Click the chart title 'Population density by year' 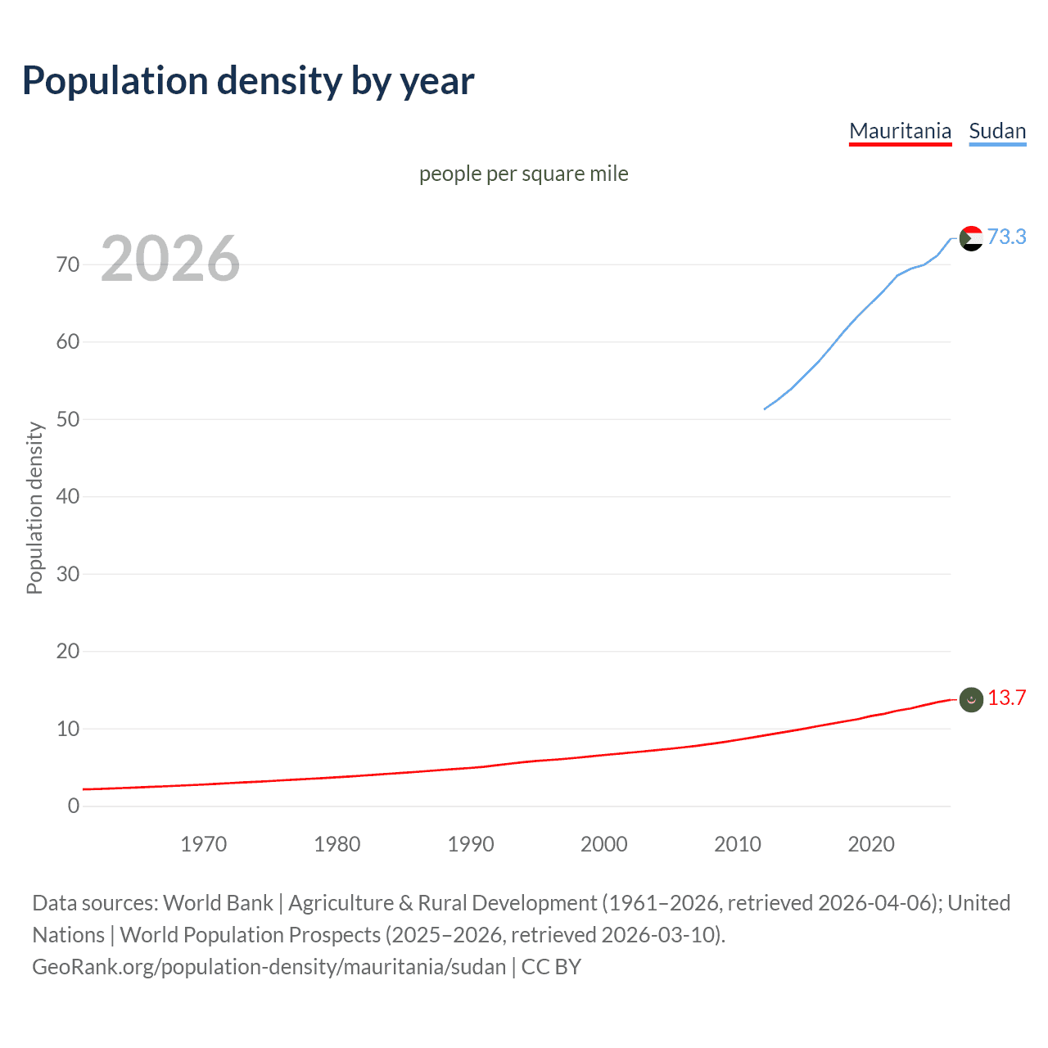(x=248, y=80)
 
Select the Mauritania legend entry (x=900, y=131)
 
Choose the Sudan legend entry (x=997, y=131)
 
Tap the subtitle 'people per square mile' (x=523, y=174)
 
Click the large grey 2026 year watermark (x=170, y=259)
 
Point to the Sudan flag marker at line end (x=971, y=238)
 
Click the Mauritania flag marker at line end (x=971, y=699)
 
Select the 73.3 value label (x=1006, y=237)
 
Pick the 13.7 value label (x=1006, y=698)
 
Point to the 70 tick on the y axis (x=68, y=264)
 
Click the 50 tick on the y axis (x=68, y=419)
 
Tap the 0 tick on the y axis (x=74, y=806)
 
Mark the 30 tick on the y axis (x=68, y=574)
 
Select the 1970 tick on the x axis (x=203, y=844)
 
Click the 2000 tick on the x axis (x=603, y=844)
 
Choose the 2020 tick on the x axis (x=870, y=844)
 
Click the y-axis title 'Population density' (x=34, y=508)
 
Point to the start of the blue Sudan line (x=765, y=409)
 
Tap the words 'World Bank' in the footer (x=218, y=903)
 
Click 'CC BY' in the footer (x=551, y=967)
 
